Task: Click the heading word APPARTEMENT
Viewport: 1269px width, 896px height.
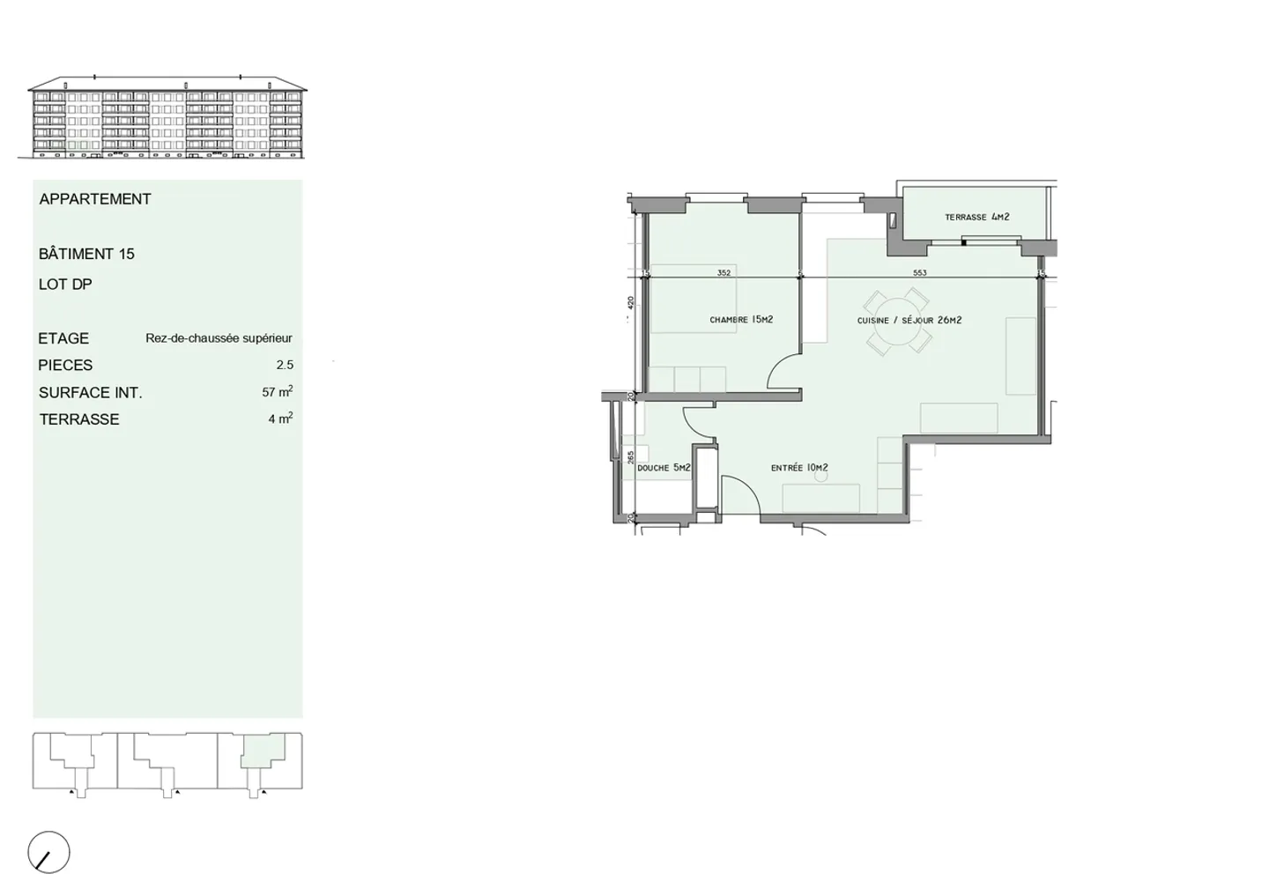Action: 95,199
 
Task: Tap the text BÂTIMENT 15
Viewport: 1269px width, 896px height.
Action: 86,254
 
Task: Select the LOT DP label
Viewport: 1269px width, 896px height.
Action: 65,285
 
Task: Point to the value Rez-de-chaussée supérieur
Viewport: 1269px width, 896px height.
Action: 219,338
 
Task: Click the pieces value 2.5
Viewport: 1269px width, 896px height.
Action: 285,365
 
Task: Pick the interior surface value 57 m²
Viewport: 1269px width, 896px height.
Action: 277,392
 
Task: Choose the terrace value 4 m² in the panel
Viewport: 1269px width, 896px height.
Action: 280,419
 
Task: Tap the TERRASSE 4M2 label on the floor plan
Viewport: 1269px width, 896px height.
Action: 976,217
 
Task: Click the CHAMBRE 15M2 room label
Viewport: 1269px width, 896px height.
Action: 741,320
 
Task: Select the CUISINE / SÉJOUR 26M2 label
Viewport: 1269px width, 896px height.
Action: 909,321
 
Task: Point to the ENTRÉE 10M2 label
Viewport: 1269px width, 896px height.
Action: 799,468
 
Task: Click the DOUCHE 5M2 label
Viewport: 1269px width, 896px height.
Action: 664,468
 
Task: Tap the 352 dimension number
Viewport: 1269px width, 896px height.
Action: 724,273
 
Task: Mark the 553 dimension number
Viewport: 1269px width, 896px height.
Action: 920,273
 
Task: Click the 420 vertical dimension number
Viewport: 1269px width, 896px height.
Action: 630,302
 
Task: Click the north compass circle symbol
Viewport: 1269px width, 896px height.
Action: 48,853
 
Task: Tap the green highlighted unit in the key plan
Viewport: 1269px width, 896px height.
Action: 261,754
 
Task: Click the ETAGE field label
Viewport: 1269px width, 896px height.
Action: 63,338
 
